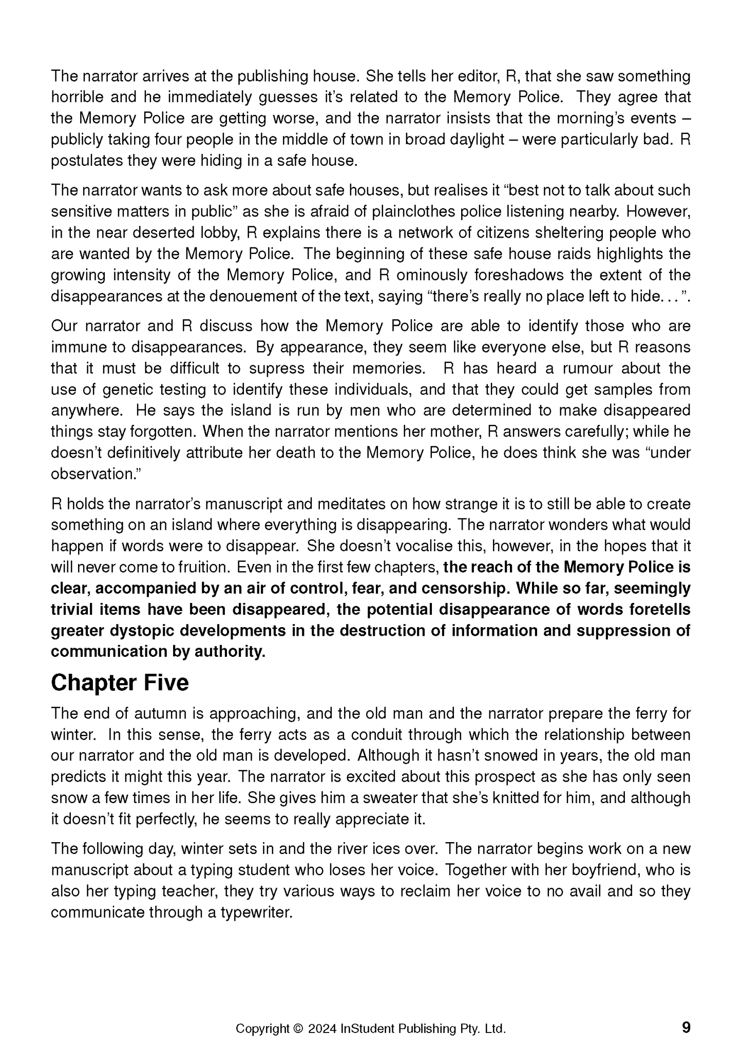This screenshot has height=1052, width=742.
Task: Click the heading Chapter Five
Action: click(x=120, y=683)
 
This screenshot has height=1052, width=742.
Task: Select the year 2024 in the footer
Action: click(x=322, y=1028)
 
